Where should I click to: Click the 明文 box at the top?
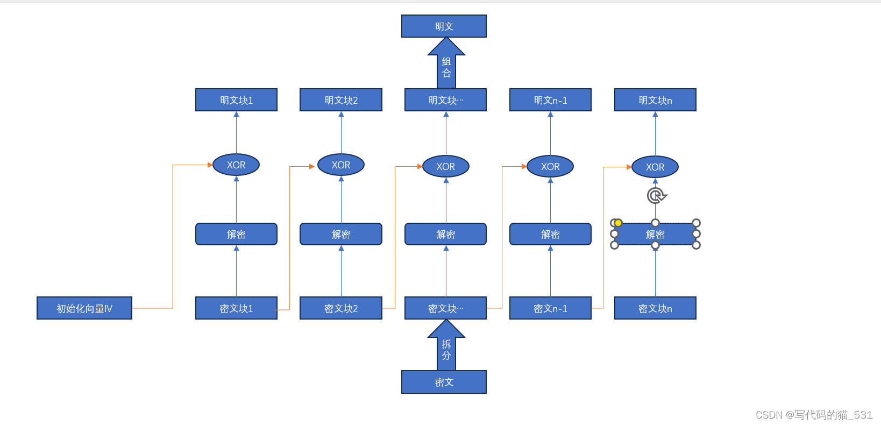pyautogui.click(x=444, y=26)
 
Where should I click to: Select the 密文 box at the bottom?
pyautogui.click(x=444, y=382)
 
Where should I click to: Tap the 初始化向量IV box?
pyautogui.click(x=84, y=308)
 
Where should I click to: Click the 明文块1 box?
pyautogui.click(x=236, y=100)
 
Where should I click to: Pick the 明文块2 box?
pyautogui.click(x=341, y=100)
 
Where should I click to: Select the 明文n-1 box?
pyautogui.click(x=550, y=100)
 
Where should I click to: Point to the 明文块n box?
pyautogui.click(x=655, y=100)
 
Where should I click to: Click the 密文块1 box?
pyautogui.click(x=236, y=308)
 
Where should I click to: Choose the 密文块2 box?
pyautogui.click(x=341, y=308)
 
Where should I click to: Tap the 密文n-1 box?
pyautogui.click(x=550, y=308)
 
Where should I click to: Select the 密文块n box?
pyautogui.click(x=655, y=308)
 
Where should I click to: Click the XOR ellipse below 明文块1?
pyautogui.click(x=236, y=165)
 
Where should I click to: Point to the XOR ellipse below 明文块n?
pyautogui.click(x=655, y=167)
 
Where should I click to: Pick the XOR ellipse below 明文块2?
pyautogui.click(x=341, y=165)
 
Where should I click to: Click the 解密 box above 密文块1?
pyautogui.click(x=236, y=234)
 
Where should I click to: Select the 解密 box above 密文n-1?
pyautogui.click(x=550, y=234)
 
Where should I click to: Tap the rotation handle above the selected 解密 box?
pyautogui.click(x=656, y=195)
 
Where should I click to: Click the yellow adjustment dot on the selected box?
pyautogui.click(x=619, y=223)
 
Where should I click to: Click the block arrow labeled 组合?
pyautogui.click(x=446, y=67)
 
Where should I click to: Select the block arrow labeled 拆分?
pyautogui.click(x=446, y=350)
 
